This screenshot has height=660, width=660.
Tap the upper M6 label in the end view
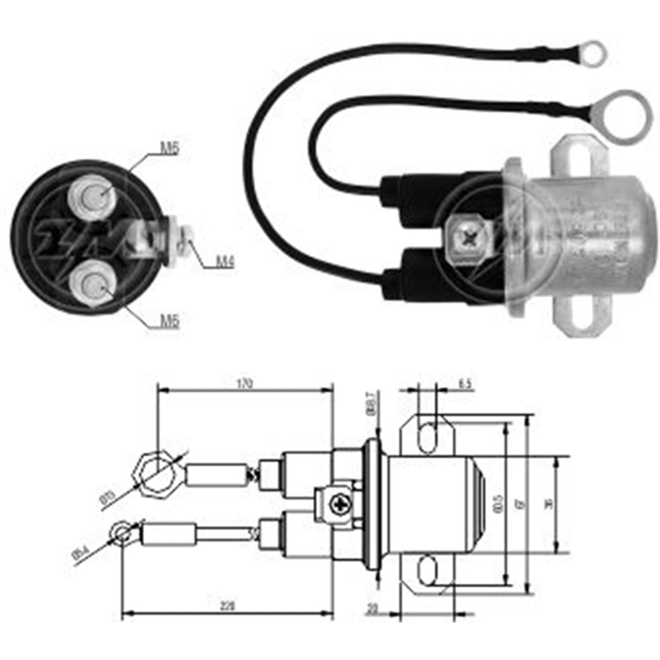coord(170,149)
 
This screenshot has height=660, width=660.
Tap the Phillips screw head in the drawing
coord(342,505)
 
